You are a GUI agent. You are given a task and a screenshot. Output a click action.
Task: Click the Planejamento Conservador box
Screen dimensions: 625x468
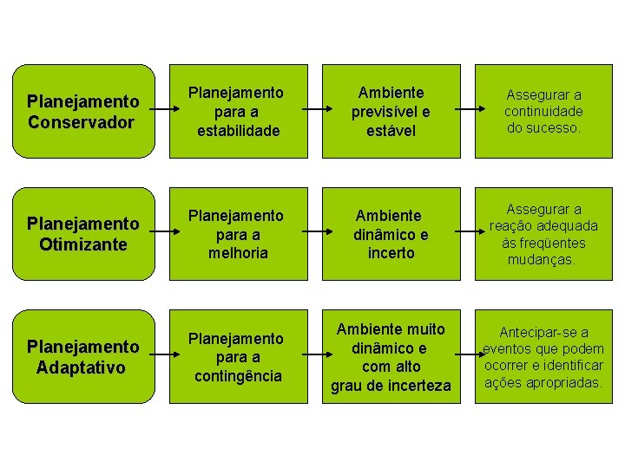coord(82,112)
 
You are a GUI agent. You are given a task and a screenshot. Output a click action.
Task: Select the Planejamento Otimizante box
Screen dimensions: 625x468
coord(82,234)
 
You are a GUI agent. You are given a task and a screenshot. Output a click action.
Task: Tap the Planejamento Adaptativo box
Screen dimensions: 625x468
coord(82,356)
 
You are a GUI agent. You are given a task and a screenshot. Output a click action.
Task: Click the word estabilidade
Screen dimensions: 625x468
coord(238,131)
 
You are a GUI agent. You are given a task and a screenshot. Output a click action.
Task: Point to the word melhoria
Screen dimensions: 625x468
coord(238,253)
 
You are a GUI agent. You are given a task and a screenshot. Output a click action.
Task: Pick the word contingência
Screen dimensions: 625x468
coord(238,376)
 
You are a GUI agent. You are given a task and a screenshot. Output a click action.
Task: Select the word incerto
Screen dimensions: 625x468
coord(391,253)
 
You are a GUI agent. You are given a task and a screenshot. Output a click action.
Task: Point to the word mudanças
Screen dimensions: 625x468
coord(542,259)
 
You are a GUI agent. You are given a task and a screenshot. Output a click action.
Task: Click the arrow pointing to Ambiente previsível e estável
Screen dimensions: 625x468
coord(314,111)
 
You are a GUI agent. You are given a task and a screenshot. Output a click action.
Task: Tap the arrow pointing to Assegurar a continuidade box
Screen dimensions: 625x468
coord(468,111)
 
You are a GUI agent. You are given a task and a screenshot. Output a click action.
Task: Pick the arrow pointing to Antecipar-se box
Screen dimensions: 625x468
coord(468,355)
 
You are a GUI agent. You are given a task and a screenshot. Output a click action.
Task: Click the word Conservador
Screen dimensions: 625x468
coord(81,122)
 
